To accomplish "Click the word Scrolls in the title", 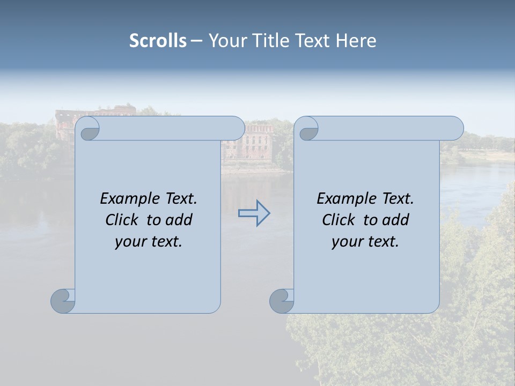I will click(x=158, y=41).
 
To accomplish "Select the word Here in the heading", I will click(x=356, y=41).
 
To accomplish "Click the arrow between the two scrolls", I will click(x=254, y=213).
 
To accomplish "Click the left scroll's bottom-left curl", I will click(x=63, y=301).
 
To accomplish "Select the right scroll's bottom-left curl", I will click(x=282, y=301).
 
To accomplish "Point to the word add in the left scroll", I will click(x=179, y=220).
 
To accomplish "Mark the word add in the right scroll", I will click(x=396, y=220).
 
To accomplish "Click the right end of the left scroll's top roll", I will click(x=239, y=129).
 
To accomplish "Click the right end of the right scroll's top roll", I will click(x=458, y=129).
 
